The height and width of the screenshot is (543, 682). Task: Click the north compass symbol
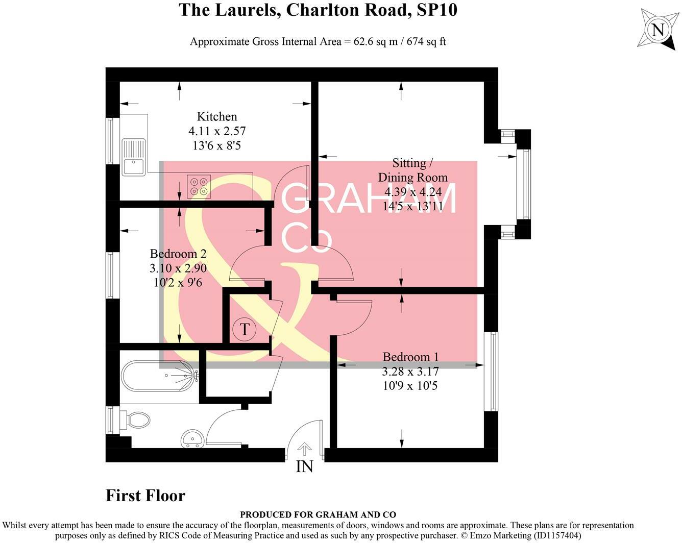pos(658,30)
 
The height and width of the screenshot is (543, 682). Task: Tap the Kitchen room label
pos(217,117)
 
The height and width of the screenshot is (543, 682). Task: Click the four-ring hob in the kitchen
pos(199,186)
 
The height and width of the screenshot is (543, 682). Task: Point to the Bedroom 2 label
pos(178,254)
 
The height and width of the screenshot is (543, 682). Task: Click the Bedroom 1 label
pos(410,357)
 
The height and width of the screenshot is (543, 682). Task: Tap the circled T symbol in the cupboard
pos(245,329)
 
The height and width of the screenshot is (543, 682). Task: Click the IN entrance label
pos(304,466)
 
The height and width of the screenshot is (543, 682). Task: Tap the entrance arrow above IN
pos(304,449)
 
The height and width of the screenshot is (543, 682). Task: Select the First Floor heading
pos(145,496)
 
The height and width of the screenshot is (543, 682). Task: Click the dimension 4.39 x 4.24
pos(413,192)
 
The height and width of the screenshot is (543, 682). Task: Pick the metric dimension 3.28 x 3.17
pos(410,371)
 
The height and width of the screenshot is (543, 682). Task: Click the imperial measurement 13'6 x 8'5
pos(217,145)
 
